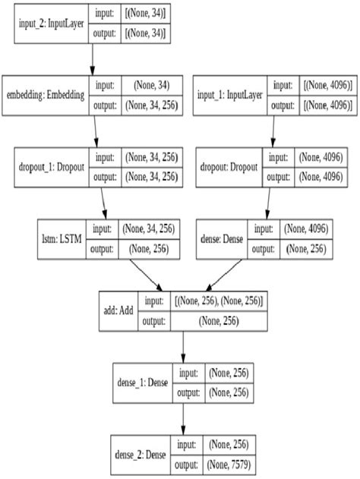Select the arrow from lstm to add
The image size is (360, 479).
137,273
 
